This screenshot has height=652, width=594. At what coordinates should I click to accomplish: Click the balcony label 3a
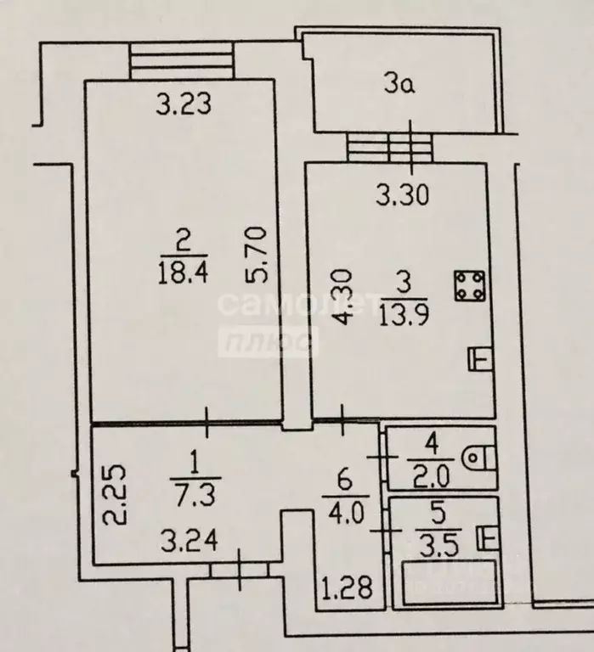[399, 85]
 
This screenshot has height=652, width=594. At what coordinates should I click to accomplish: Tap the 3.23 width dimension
[184, 104]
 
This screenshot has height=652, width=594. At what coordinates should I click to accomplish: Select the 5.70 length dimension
[256, 255]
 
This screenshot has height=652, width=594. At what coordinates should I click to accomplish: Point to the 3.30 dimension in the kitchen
[402, 195]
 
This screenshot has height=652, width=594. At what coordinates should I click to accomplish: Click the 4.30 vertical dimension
[344, 296]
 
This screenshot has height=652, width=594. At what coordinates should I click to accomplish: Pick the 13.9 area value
[404, 315]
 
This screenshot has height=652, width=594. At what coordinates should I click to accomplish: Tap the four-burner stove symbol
[470, 285]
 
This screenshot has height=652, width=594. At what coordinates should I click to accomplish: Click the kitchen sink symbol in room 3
[480, 358]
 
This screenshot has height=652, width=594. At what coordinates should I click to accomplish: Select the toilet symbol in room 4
[478, 458]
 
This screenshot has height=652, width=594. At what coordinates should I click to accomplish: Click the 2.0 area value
[431, 477]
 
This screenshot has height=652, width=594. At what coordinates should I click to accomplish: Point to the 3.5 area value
[438, 548]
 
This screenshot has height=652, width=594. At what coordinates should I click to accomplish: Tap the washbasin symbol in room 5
[487, 538]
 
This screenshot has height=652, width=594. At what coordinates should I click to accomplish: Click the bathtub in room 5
[449, 582]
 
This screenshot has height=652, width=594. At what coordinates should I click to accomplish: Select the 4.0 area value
[346, 513]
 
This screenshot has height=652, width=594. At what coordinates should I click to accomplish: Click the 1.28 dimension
[348, 588]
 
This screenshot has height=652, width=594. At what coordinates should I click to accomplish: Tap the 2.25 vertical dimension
[114, 495]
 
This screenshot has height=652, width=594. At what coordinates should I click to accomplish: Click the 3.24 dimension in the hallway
[190, 542]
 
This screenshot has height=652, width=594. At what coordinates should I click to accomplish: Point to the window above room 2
[182, 61]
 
